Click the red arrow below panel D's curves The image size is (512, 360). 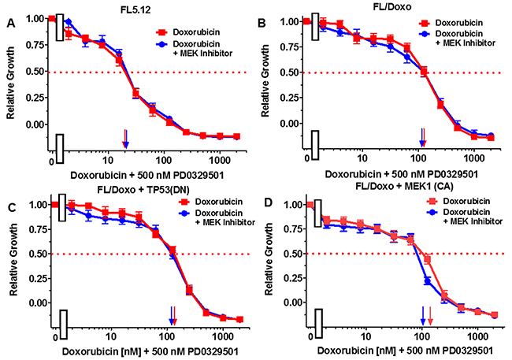(x=430, y=317)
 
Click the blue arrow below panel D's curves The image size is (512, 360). (x=423, y=317)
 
